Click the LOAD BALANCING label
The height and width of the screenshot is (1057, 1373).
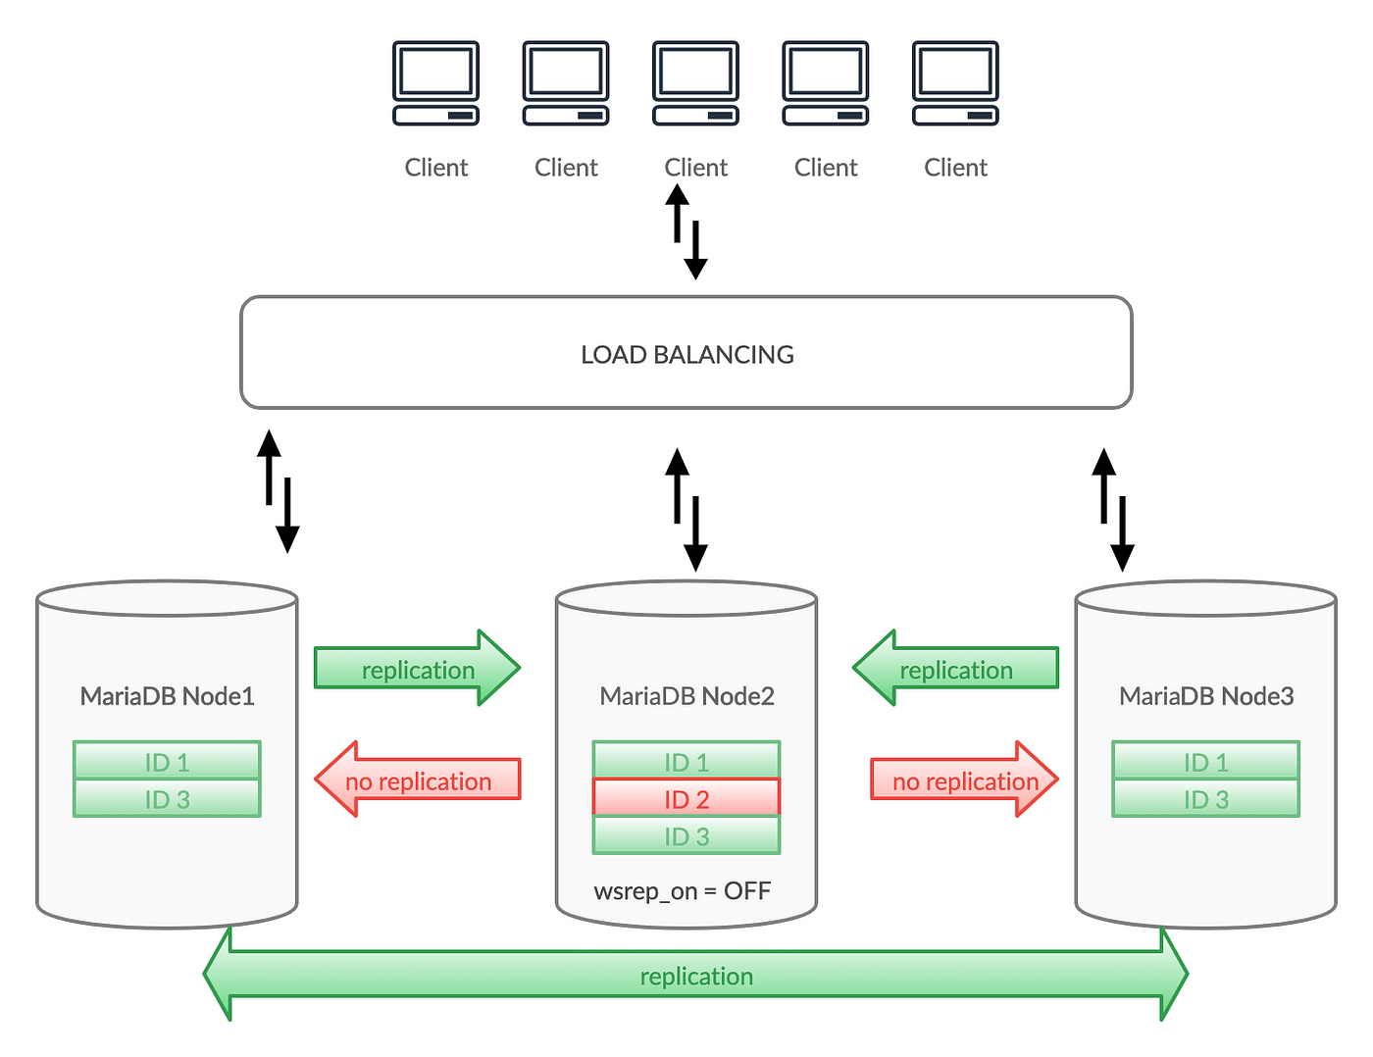tap(686, 355)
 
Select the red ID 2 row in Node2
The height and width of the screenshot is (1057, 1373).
tap(686, 797)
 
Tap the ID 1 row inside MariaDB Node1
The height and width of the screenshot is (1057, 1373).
tap(167, 760)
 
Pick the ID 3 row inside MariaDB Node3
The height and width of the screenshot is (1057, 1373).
tap(1205, 798)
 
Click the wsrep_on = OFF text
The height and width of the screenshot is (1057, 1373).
tap(683, 891)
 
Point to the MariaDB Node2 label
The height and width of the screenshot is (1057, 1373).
tap(686, 696)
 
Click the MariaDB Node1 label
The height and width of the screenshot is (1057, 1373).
tap(167, 696)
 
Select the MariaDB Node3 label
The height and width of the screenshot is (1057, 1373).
tap(1206, 696)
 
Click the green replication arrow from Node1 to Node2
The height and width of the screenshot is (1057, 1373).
tap(417, 668)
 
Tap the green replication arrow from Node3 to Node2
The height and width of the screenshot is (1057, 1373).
tap(955, 668)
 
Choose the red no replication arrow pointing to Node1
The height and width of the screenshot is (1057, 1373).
tap(417, 780)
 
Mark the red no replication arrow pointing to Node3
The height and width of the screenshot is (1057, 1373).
tap(965, 780)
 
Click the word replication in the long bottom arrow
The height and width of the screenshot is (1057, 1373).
tap(696, 977)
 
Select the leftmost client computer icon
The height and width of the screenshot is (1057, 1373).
tap(436, 83)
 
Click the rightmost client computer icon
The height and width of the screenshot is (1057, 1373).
tap(955, 83)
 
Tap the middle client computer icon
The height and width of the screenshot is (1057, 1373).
tap(695, 83)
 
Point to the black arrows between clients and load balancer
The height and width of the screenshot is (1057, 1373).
tap(686, 231)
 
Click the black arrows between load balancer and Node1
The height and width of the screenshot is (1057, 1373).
tap(278, 491)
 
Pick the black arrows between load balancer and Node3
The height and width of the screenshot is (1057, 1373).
tap(1113, 510)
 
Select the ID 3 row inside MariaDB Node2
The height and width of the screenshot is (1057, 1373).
tap(686, 835)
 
